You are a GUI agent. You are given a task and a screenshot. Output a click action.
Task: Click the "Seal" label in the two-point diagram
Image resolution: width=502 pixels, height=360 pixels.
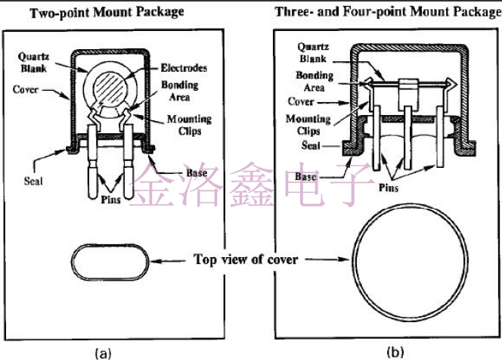click(34, 181)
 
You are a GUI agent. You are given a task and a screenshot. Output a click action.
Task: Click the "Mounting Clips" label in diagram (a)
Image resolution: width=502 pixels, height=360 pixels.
click(190, 125)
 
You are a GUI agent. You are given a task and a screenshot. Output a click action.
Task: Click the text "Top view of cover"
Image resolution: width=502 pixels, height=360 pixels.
click(246, 259)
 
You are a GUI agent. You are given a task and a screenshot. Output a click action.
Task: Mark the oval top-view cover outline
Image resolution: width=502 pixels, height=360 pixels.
click(107, 261)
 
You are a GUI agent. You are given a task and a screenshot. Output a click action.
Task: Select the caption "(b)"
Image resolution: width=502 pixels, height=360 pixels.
click(395, 352)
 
